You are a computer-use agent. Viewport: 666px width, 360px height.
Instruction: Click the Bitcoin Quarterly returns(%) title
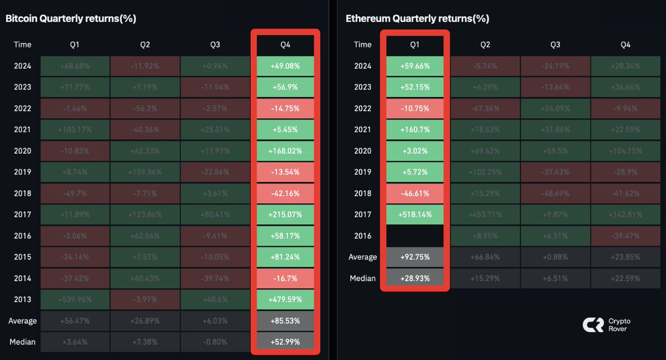(x=70, y=18)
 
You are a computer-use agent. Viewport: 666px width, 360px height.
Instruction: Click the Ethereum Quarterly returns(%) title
(x=417, y=18)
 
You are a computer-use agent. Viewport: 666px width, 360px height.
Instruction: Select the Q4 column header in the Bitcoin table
(x=285, y=44)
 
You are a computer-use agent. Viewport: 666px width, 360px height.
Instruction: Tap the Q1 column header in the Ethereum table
(x=415, y=44)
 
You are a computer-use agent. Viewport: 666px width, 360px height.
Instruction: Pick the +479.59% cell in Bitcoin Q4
(x=285, y=300)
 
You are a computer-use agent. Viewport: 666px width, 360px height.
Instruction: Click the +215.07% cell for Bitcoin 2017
(x=285, y=215)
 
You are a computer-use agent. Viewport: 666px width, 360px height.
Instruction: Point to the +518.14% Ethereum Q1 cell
(x=415, y=215)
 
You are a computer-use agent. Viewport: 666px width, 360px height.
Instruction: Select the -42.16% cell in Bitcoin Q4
(x=285, y=194)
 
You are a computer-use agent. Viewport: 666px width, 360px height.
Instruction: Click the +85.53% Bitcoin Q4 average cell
(x=285, y=321)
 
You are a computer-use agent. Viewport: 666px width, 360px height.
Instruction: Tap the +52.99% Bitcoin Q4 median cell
(x=285, y=342)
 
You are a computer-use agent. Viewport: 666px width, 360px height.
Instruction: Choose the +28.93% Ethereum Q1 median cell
(x=415, y=278)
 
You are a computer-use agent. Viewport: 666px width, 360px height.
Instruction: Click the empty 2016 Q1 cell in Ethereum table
(x=415, y=236)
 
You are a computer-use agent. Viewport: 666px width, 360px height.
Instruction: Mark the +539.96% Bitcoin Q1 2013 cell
(x=75, y=300)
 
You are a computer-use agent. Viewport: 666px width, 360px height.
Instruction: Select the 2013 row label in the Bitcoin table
(x=23, y=300)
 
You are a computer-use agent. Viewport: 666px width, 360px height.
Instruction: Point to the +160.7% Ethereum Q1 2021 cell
(x=415, y=130)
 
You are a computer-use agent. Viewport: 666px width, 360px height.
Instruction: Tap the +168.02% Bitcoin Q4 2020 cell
(x=285, y=151)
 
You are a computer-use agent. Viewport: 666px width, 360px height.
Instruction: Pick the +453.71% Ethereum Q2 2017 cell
(x=485, y=215)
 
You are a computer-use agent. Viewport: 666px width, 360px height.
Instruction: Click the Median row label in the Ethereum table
(x=362, y=278)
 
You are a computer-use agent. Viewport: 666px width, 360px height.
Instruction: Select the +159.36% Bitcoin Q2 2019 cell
(x=145, y=173)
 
